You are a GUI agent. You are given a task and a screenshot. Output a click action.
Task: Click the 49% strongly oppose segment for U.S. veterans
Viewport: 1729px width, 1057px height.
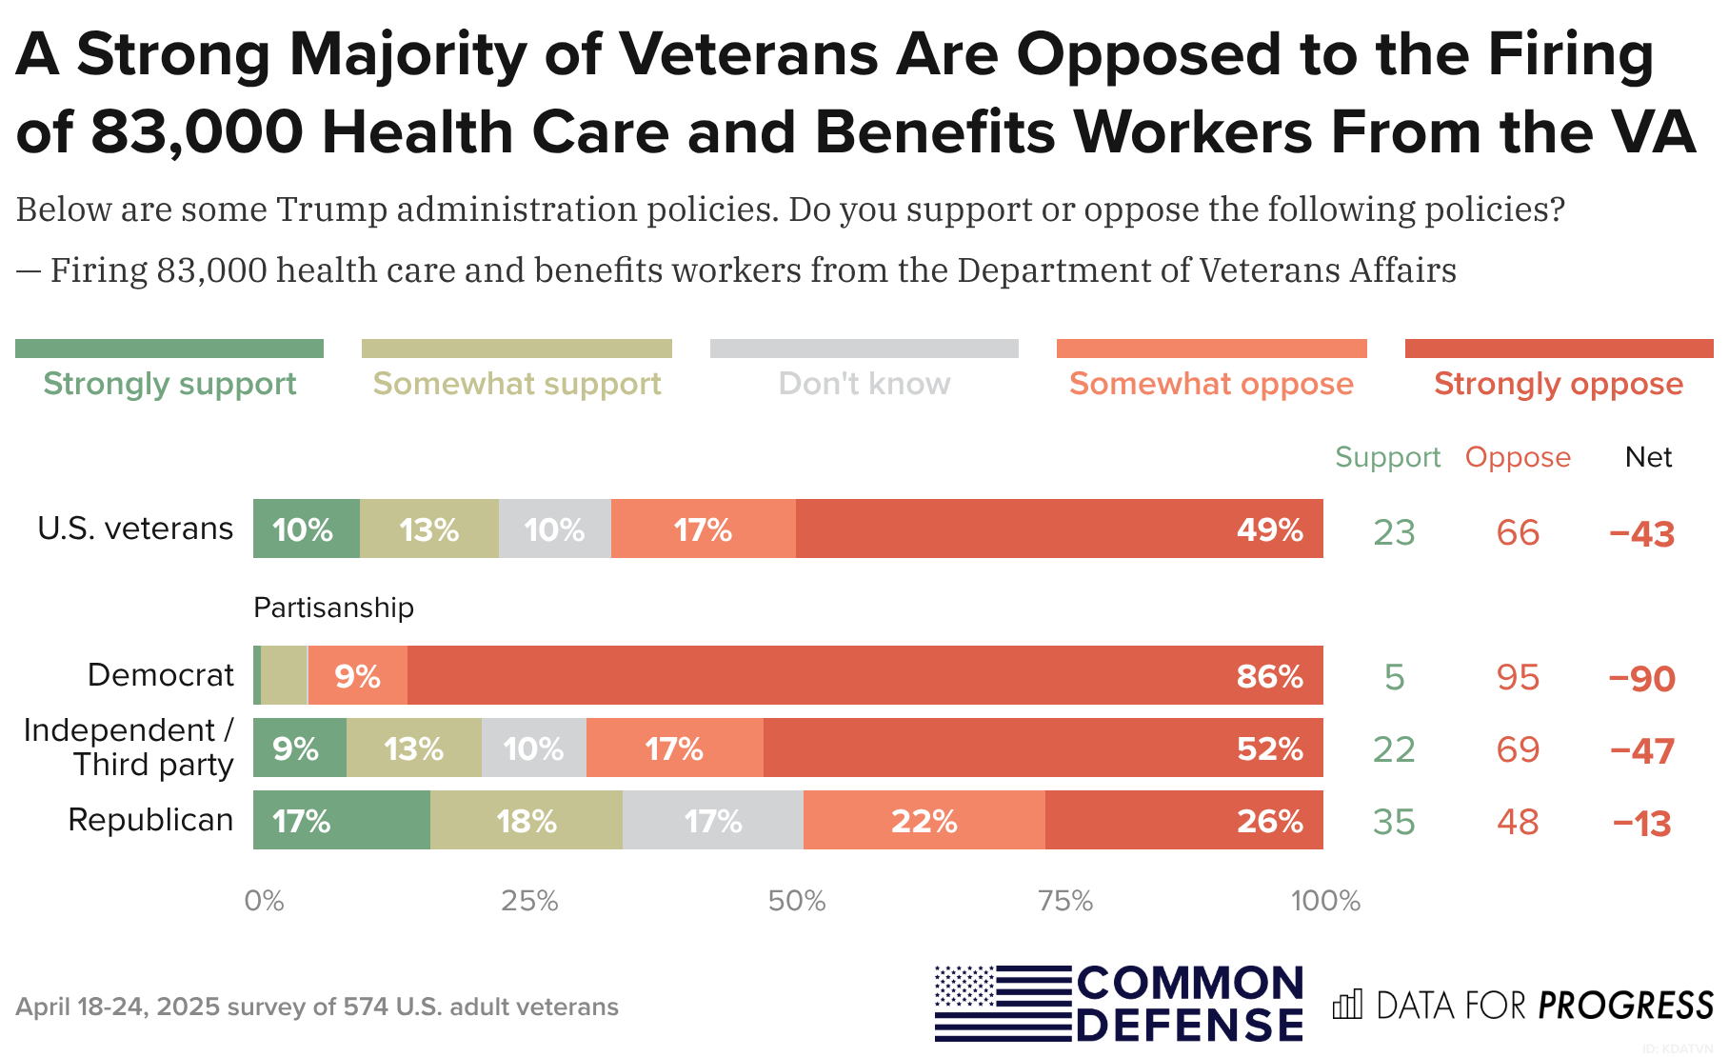coord(1059,528)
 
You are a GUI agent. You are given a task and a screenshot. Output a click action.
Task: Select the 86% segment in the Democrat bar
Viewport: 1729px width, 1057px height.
coord(864,675)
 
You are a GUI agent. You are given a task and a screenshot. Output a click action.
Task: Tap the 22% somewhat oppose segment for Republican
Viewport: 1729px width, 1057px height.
coord(924,820)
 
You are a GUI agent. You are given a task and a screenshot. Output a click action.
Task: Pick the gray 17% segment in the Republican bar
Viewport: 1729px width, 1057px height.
coord(712,820)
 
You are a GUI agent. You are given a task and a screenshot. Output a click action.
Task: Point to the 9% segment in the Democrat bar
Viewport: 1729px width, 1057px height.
coord(357,675)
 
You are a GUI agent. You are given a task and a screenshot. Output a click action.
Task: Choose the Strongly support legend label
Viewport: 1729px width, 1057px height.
coord(169,384)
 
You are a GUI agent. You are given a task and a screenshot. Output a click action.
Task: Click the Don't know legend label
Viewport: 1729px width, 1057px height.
coord(864,384)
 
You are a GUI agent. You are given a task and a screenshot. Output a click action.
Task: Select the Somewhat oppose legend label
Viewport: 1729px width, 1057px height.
coord(1211,384)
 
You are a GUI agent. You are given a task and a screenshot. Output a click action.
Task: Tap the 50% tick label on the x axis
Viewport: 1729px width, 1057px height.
coord(797,901)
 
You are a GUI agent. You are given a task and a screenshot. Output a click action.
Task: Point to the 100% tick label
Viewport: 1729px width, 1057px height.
coord(1325,901)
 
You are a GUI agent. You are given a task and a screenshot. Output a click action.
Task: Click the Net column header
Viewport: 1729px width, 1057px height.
coord(1648,457)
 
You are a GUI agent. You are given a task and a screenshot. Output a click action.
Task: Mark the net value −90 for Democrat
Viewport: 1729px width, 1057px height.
coord(1641,679)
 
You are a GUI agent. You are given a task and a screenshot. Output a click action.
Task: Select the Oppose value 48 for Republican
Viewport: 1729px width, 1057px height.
coord(1518,822)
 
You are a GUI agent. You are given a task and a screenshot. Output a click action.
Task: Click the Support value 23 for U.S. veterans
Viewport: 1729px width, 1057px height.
coord(1394,532)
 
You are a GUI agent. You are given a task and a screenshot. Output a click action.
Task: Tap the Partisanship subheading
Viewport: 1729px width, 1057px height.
coord(333,608)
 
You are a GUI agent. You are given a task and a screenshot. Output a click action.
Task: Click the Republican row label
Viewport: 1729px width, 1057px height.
coord(150,820)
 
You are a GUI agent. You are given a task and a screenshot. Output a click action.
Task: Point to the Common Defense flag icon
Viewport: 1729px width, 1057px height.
coord(1003,1003)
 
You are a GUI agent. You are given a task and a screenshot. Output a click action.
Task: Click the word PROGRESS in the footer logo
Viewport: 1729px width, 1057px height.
coord(1625,1006)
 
